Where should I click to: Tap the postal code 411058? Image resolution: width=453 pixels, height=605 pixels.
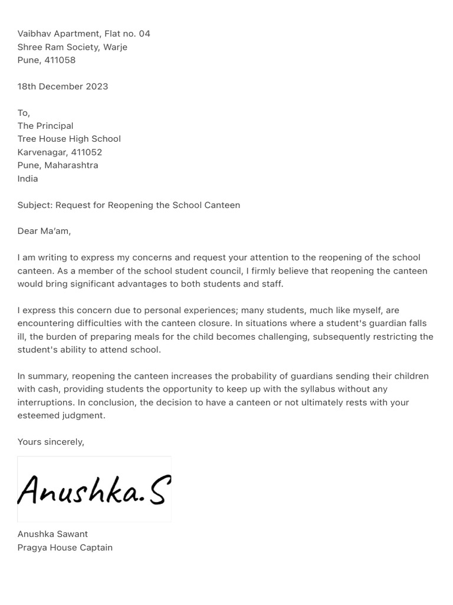[x=61, y=60]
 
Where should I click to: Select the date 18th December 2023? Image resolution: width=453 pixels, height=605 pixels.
[x=63, y=86]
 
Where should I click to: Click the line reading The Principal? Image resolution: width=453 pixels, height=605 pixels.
[x=45, y=126]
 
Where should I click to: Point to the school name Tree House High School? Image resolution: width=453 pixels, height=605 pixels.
[x=69, y=139]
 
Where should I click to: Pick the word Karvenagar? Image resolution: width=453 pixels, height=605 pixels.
[x=42, y=152]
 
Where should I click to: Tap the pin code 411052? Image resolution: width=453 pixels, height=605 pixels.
[x=87, y=152]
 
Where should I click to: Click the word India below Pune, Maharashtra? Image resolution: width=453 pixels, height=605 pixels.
[x=28, y=178]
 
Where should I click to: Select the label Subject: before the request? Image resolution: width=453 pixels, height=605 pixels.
[x=35, y=205]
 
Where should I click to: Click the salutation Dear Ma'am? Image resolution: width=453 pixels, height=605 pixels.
[x=44, y=231]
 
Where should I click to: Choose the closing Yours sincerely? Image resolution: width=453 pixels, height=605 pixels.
[x=51, y=442]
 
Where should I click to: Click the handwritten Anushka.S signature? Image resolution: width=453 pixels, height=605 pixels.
[x=94, y=489]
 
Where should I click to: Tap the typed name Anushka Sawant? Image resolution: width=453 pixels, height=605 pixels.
[x=52, y=534]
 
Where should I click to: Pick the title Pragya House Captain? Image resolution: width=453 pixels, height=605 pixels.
[x=65, y=548]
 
